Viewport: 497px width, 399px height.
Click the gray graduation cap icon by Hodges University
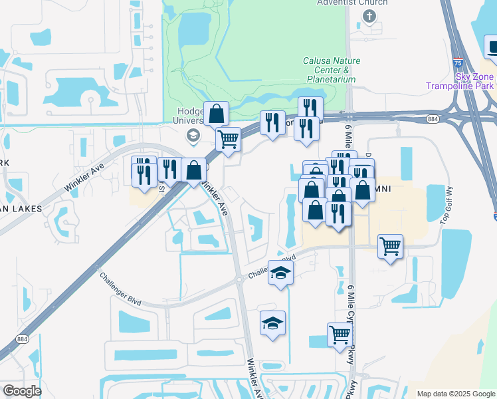pos(193,136)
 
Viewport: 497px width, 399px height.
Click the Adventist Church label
pos(342,3)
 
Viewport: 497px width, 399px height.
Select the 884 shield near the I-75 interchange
pos(433,119)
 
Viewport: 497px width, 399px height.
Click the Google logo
pos(22,391)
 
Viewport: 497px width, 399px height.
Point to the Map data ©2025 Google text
pos(455,394)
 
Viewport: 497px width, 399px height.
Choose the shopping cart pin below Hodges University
pos(228,140)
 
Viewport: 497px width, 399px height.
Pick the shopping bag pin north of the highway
pos(216,114)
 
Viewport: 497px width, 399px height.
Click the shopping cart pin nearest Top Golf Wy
pos(390,247)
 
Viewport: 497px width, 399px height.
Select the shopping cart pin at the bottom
pos(340,334)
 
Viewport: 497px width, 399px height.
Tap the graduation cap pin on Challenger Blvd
pos(281,273)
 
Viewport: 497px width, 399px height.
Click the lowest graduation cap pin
pos(272,323)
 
